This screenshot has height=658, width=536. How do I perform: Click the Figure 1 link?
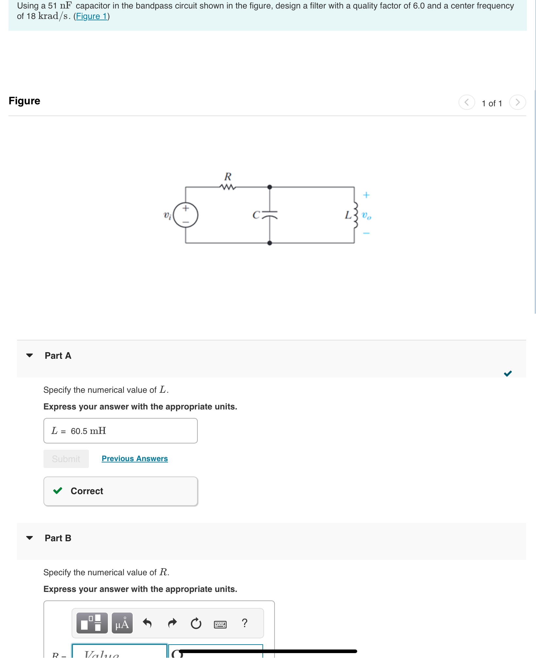92,16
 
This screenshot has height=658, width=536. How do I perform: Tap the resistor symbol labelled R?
228,187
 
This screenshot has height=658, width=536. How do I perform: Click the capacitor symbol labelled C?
269,215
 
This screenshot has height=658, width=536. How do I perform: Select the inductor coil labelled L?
355,215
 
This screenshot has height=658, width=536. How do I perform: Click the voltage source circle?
186,215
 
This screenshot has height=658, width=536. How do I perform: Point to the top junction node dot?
270,187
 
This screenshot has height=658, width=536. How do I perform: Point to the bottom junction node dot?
270,243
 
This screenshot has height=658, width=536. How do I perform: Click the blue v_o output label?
366,216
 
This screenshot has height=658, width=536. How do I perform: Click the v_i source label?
167,216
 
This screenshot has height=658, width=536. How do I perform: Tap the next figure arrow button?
517,102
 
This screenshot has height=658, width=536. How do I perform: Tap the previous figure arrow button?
467,102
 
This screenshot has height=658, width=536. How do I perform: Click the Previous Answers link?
135,459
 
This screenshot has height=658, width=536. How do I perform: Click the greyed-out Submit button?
66,459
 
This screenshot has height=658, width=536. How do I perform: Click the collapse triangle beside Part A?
29,355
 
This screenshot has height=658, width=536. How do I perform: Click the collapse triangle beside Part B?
29,538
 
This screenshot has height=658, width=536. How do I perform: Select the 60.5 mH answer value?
88,431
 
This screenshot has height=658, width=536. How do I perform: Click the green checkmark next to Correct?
58,491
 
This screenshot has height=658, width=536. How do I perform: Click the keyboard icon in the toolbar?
220,624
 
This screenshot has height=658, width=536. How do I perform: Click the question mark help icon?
244,623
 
